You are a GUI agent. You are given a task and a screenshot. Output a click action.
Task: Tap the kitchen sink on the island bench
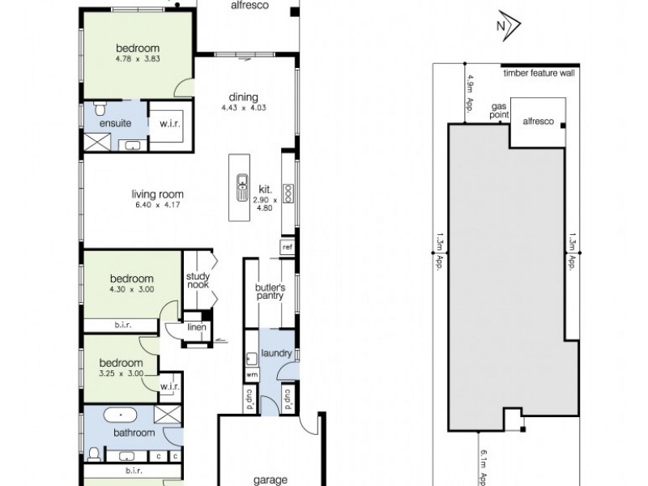tap(241, 187)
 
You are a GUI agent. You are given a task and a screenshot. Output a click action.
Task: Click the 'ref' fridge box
tap(287, 245)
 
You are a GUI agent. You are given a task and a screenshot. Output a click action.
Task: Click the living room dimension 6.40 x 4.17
tap(159, 205)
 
